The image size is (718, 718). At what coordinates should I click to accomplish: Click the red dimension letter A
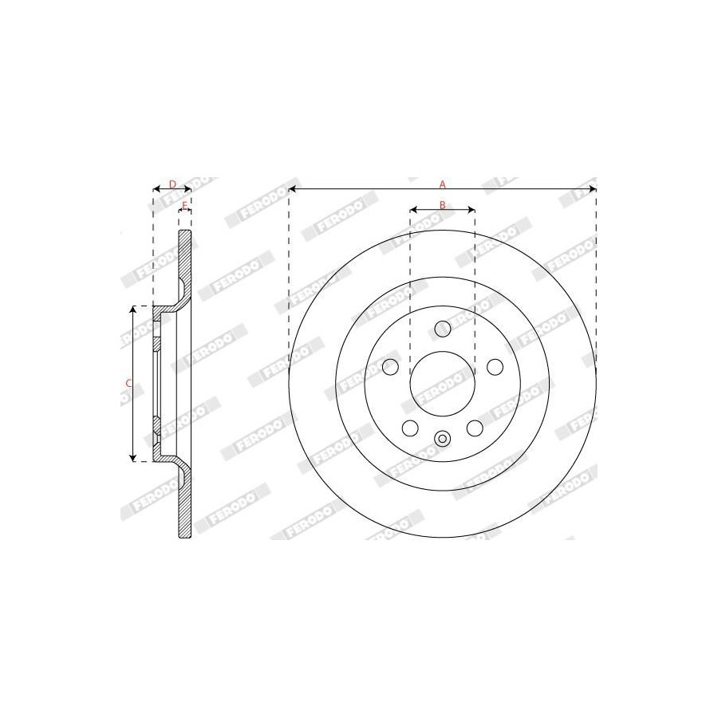pyautogui.click(x=442, y=184)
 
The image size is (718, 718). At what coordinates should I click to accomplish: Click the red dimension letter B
pyautogui.click(x=442, y=205)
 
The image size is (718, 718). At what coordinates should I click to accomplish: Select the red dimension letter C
pyautogui.click(x=128, y=383)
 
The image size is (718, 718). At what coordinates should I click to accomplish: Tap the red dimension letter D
pyautogui.click(x=172, y=184)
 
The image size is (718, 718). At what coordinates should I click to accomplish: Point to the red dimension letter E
pyautogui.click(x=185, y=205)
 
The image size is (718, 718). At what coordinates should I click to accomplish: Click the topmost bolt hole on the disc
pyautogui.click(x=442, y=328)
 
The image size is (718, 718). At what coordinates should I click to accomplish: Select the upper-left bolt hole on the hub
pyautogui.click(x=390, y=366)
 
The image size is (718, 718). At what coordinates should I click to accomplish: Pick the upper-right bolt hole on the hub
pyautogui.click(x=495, y=366)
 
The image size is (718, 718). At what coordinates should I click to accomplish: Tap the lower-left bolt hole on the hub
pyautogui.click(x=410, y=428)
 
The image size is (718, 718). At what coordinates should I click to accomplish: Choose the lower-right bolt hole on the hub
pyautogui.click(x=475, y=428)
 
